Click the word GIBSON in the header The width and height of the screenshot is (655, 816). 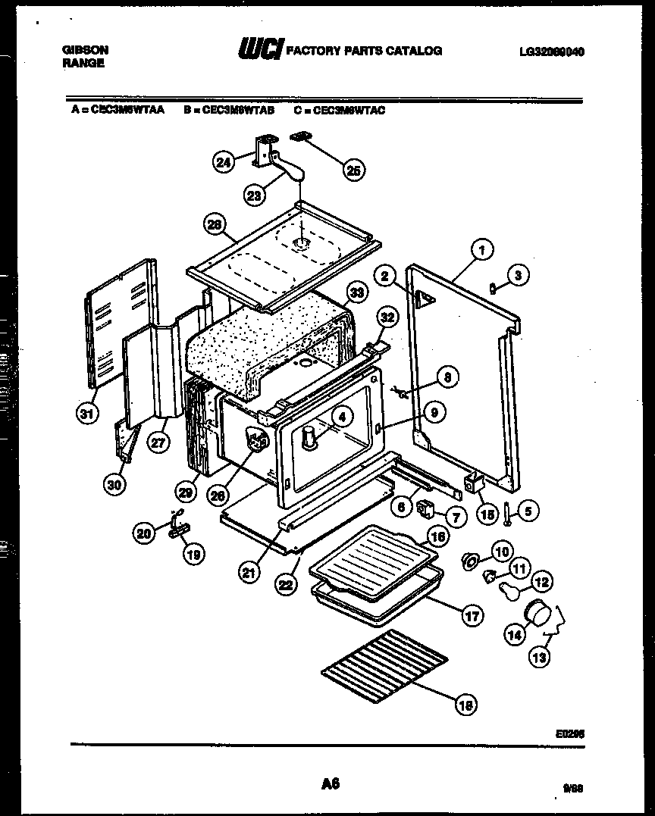(x=84, y=50)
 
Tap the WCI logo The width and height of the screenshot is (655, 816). (x=261, y=49)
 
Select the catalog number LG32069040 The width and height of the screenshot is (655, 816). (x=552, y=52)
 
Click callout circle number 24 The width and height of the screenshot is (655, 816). (x=222, y=163)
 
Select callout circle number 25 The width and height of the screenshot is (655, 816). (x=353, y=170)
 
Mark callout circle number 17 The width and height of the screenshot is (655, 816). (x=472, y=615)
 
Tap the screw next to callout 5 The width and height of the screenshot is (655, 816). (x=506, y=512)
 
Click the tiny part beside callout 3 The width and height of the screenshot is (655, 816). (x=493, y=287)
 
